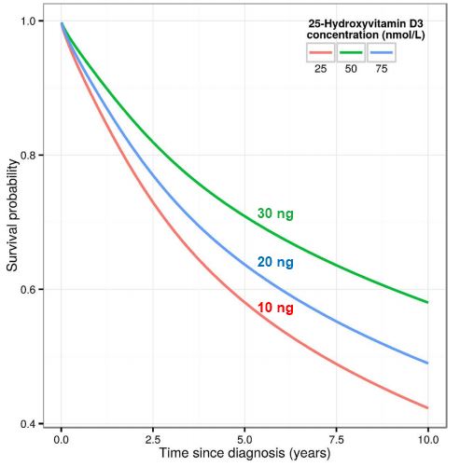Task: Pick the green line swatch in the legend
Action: click(352, 52)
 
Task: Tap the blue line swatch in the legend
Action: click(382, 52)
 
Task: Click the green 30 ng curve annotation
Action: click(275, 214)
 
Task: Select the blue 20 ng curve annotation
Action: click(275, 264)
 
